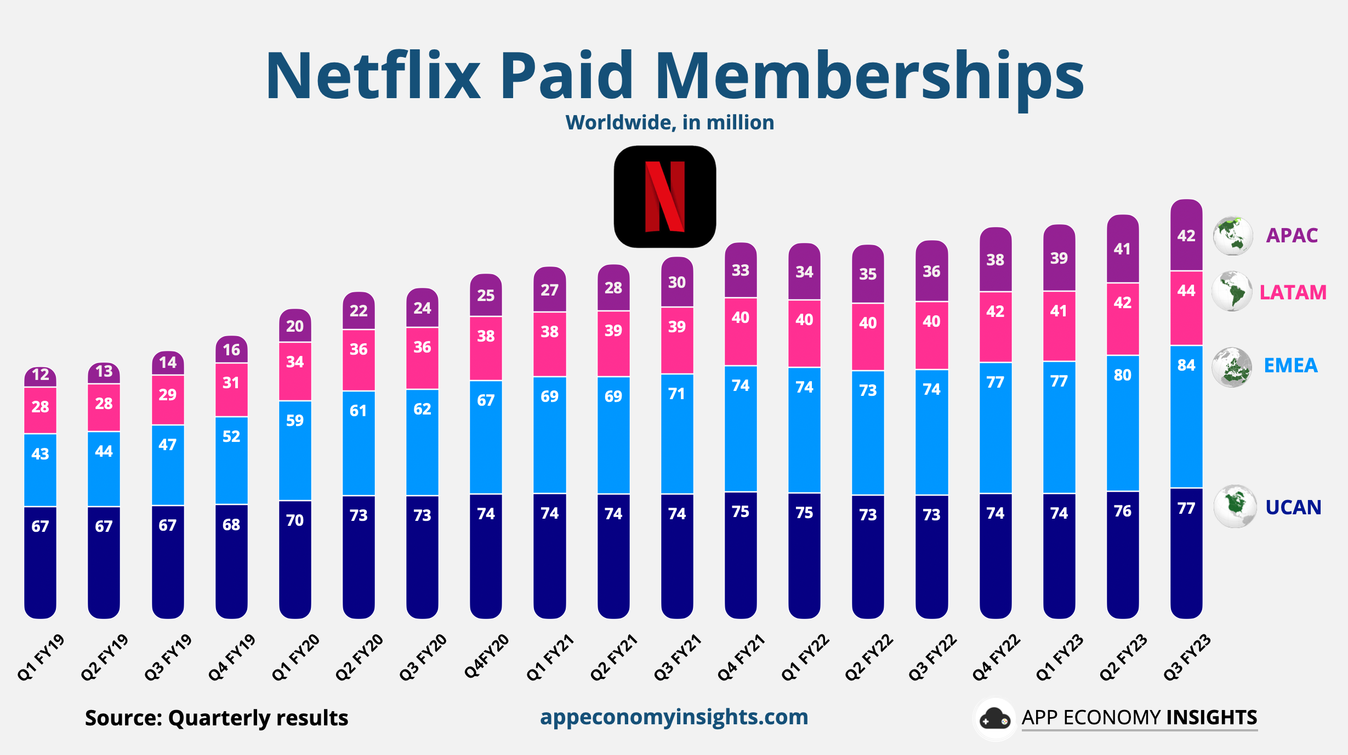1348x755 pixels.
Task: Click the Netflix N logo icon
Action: [664, 196]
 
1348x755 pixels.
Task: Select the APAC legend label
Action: [1292, 235]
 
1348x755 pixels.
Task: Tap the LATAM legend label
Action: [1293, 292]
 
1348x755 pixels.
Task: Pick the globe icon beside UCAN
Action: [1235, 506]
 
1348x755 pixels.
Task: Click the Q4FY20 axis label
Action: [486, 656]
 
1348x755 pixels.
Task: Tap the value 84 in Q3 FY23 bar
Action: [1186, 365]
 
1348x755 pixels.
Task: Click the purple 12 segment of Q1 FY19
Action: [41, 375]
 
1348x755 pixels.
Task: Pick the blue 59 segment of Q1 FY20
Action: [295, 421]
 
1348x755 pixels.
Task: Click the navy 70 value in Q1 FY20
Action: [295, 520]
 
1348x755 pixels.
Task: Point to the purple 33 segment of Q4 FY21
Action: [741, 270]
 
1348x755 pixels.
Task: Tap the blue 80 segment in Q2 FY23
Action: [1122, 375]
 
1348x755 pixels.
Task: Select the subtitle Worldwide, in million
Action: [669, 122]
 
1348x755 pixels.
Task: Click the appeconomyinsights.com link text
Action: [674, 717]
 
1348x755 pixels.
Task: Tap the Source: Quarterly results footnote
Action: [217, 718]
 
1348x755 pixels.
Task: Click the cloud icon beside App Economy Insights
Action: [994, 719]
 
